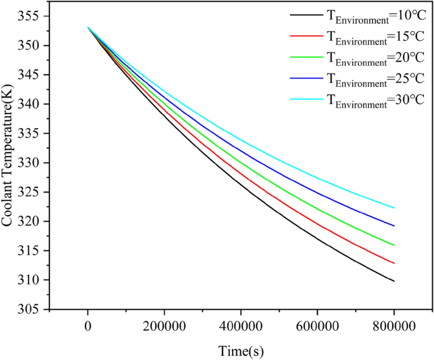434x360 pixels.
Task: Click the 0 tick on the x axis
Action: pos(88,326)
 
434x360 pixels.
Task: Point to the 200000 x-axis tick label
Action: pos(164,326)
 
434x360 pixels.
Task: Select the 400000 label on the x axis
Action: pos(241,326)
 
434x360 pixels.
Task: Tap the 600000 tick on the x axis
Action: pos(317,326)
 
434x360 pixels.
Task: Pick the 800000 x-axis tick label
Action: pos(394,326)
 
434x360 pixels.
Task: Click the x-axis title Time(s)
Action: pos(241,350)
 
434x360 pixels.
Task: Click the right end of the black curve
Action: pos(394,281)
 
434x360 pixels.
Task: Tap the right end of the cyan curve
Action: pos(394,208)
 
